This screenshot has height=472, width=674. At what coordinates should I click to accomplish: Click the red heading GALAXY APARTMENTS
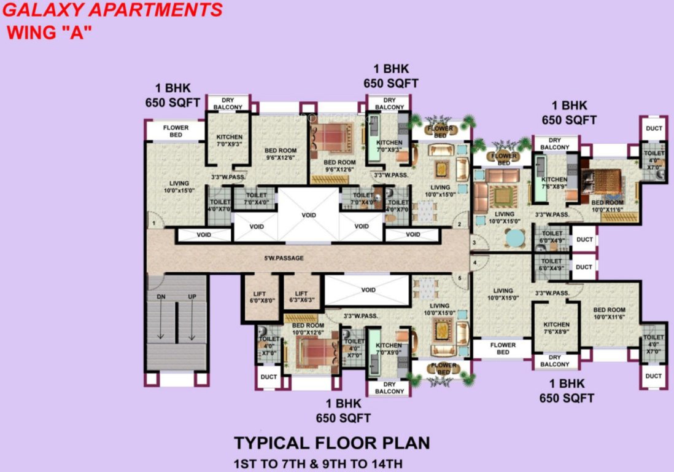112,10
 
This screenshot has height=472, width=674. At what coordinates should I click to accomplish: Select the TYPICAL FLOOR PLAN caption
331,442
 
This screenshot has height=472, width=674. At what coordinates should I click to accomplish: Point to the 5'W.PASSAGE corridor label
284,258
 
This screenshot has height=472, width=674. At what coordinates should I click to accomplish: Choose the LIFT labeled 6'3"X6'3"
301,297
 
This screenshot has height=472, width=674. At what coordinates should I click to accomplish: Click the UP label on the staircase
192,297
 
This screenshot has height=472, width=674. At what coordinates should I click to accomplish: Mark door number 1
154,223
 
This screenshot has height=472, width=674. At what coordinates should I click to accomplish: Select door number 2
457,224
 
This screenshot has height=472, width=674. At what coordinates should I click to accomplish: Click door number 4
476,264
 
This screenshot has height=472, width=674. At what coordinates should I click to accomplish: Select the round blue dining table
514,237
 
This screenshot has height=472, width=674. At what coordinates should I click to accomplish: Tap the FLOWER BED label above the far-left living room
176,131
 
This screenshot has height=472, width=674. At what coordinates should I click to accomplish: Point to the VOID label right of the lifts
368,289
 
